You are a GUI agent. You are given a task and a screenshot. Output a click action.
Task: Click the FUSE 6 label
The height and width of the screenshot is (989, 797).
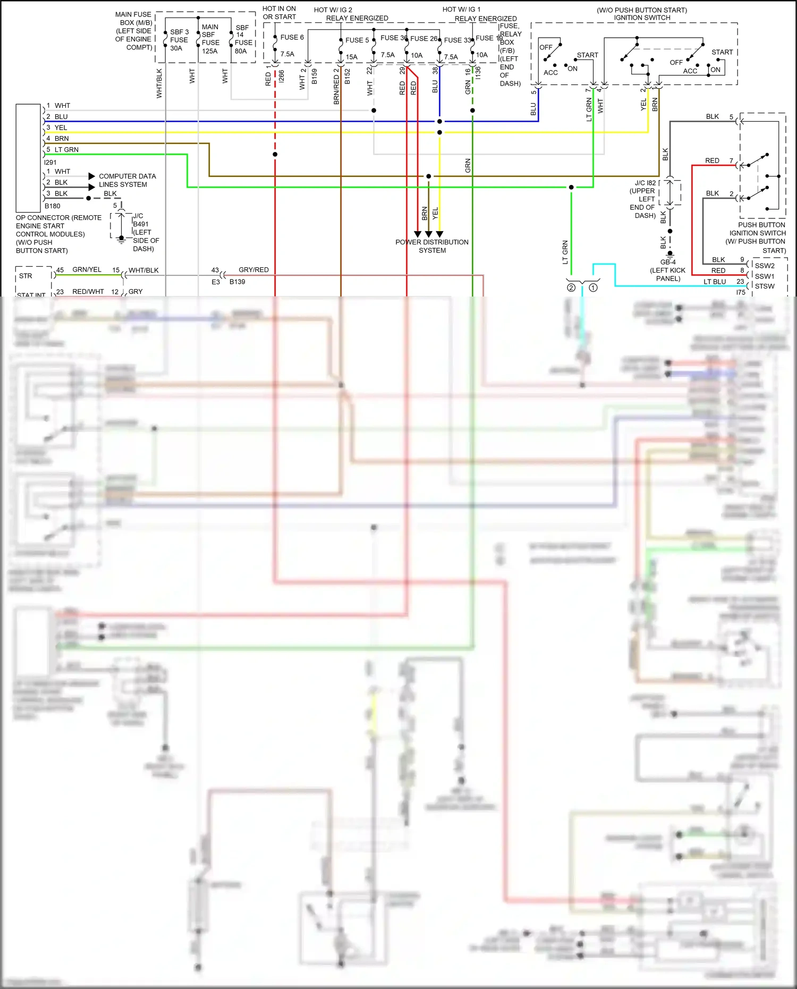292,37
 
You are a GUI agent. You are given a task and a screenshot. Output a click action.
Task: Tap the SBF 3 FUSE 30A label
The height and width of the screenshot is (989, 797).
179,40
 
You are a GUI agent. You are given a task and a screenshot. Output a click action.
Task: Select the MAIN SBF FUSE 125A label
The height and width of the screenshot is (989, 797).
210,39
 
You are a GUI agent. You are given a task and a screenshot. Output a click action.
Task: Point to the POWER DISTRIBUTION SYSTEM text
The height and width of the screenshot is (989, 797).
432,246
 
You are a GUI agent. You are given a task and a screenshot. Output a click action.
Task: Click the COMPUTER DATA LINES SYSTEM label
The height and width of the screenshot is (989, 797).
127,180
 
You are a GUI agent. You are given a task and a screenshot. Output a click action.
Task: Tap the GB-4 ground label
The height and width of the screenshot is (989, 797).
668,262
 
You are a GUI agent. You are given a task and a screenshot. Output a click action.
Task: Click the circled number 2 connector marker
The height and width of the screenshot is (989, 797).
571,288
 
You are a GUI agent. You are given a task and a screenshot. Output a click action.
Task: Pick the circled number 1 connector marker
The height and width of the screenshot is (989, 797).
593,288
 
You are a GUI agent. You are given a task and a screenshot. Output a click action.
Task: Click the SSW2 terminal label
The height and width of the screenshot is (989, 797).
765,266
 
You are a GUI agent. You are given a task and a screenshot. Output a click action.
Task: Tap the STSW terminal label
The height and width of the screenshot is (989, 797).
765,286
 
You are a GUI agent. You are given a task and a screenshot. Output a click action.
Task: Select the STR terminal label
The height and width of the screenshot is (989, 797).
26,276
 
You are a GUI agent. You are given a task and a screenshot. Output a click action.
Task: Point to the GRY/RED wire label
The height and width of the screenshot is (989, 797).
253,270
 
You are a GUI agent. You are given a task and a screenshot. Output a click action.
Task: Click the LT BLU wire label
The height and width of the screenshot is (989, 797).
715,282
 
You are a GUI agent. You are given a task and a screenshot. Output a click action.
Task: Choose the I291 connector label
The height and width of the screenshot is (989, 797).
50,163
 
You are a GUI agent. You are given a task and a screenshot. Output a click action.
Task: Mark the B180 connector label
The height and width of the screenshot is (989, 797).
52,206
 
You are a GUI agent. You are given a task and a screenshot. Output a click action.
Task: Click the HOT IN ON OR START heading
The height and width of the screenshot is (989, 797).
279,13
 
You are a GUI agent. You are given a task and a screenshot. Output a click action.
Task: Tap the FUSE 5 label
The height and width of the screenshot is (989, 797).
357,40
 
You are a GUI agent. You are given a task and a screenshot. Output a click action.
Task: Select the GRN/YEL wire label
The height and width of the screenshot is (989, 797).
87,270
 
